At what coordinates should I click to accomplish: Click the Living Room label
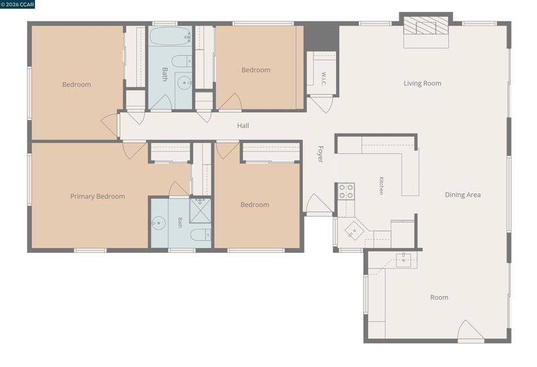point(422,83)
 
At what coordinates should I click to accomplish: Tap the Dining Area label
point(462,195)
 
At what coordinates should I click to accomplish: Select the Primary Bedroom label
point(97,197)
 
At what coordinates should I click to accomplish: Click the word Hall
point(243,125)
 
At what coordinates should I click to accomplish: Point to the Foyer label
point(320,154)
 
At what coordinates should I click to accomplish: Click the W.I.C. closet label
point(324,78)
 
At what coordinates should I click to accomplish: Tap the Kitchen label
point(381,186)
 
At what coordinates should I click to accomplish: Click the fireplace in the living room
point(426,25)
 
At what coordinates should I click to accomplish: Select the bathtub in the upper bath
point(170,36)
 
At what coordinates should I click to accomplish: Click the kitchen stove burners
point(346,191)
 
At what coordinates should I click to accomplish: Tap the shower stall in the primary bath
point(200,211)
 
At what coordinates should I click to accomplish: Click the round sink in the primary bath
point(158,223)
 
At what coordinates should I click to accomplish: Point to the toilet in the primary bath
point(201,235)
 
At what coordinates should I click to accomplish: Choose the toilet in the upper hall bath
point(182,61)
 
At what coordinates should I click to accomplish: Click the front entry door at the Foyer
point(318,205)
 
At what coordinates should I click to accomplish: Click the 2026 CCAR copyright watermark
point(17,4)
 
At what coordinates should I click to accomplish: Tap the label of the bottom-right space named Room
point(439,297)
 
